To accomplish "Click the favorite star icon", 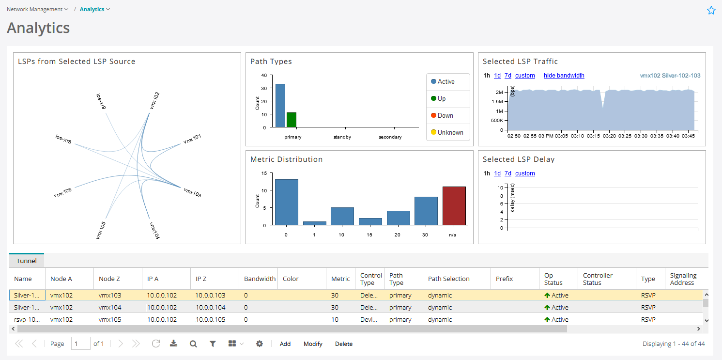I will pos(711,10).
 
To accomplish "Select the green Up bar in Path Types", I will pos(291,120).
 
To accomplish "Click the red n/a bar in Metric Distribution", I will pos(454,206).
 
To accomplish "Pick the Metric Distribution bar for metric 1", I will pos(314,223).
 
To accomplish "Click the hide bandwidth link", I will pos(564,76).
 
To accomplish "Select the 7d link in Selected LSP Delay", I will pos(507,173).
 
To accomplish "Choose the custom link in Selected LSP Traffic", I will pos(525,76).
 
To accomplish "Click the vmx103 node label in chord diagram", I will pos(192,192).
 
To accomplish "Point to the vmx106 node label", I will pos(63,192).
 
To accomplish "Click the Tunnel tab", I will pos(26,261).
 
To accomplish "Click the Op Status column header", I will pos(553,279).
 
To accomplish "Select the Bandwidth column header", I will pos(260,279).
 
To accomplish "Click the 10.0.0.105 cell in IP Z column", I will pos(210,320).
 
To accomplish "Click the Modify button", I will pos(313,344).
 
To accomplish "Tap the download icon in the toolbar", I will pos(174,344).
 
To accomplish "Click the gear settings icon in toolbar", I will pos(260,344).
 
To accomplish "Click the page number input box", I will pos(80,344).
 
